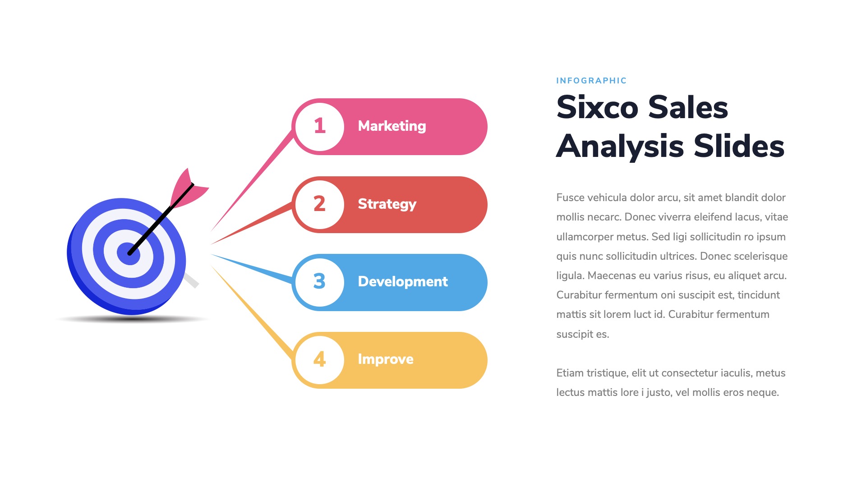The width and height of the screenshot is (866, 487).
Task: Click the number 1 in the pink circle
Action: click(320, 126)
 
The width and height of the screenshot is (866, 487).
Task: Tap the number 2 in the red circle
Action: click(319, 204)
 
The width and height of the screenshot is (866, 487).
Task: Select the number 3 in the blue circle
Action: click(319, 281)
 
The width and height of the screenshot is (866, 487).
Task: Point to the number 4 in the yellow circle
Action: click(319, 359)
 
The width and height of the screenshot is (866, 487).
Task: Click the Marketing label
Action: click(392, 126)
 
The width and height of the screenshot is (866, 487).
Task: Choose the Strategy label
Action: click(387, 204)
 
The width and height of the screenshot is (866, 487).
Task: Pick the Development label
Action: click(403, 281)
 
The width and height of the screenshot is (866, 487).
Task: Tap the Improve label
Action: click(386, 359)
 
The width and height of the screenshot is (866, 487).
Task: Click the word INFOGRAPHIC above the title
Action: click(591, 81)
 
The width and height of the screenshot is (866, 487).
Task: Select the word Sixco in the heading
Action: click(597, 107)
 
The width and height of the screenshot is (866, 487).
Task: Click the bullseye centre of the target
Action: click(129, 254)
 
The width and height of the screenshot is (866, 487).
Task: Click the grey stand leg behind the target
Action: click(191, 280)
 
